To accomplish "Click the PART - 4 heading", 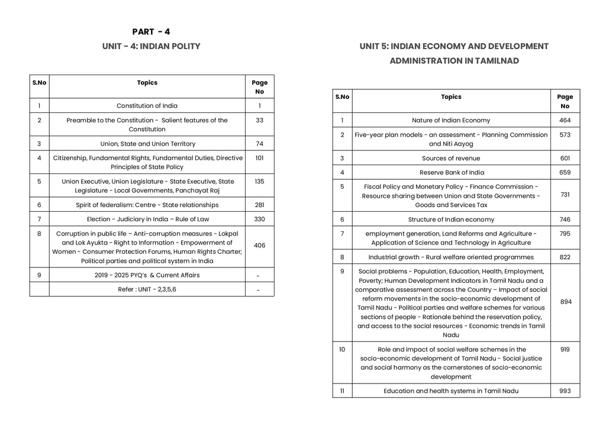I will [151, 32].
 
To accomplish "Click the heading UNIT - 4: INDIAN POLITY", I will [151, 46].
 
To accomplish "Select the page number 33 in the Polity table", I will [259, 120].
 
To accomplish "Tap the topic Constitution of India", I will [147, 106].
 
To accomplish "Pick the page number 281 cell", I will [259, 205].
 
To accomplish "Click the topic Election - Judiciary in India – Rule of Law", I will [147, 219].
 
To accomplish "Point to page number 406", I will [259, 245].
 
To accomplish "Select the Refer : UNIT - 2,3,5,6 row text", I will [147, 289].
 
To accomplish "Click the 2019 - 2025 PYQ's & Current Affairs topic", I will [147, 275].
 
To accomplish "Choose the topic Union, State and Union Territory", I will [147, 144].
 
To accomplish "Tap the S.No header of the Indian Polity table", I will [39, 83].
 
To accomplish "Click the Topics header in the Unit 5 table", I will [451, 97].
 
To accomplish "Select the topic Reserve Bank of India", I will [451, 173].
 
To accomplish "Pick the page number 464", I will [565, 120].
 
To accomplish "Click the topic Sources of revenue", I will [451, 159].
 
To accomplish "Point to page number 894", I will [565, 302].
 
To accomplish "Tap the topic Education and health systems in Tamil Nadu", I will [451, 391].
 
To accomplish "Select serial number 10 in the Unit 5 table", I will [342, 350].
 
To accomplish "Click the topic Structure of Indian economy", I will [451, 220].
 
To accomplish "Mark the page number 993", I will [565, 391].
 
